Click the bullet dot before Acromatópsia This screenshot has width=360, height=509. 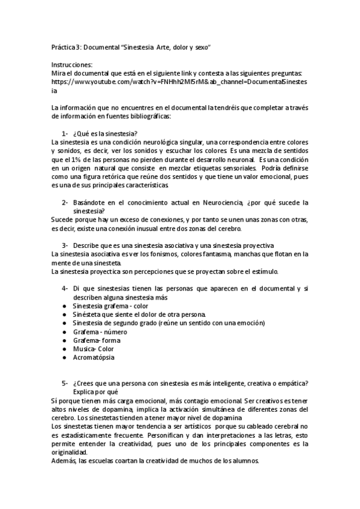tap(64, 357)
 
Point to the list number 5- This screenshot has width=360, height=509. tap(65, 384)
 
